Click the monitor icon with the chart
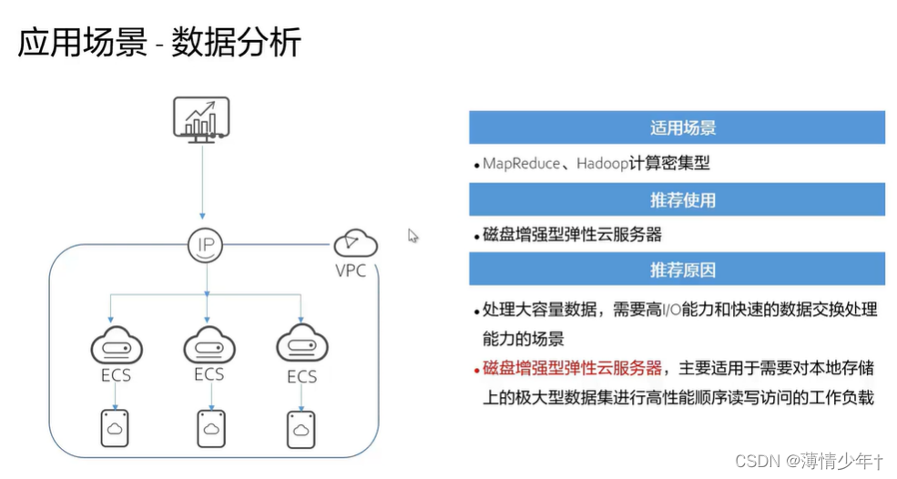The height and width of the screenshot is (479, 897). [x=202, y=118]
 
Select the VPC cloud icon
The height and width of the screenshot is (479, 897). [x=356, y=243]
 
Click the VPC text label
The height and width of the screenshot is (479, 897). [x=350, y=270]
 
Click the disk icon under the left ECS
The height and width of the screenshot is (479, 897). [x=115, y=429]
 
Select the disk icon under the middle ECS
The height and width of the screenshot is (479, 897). [x=210, y=429]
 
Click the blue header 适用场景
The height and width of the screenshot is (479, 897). [x=677, y=127]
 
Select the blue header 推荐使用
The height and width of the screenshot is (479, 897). [x=677, y=199]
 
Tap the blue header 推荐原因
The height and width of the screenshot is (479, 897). [x=677, y=270]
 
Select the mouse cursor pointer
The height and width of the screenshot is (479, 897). [x=413, y=236]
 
